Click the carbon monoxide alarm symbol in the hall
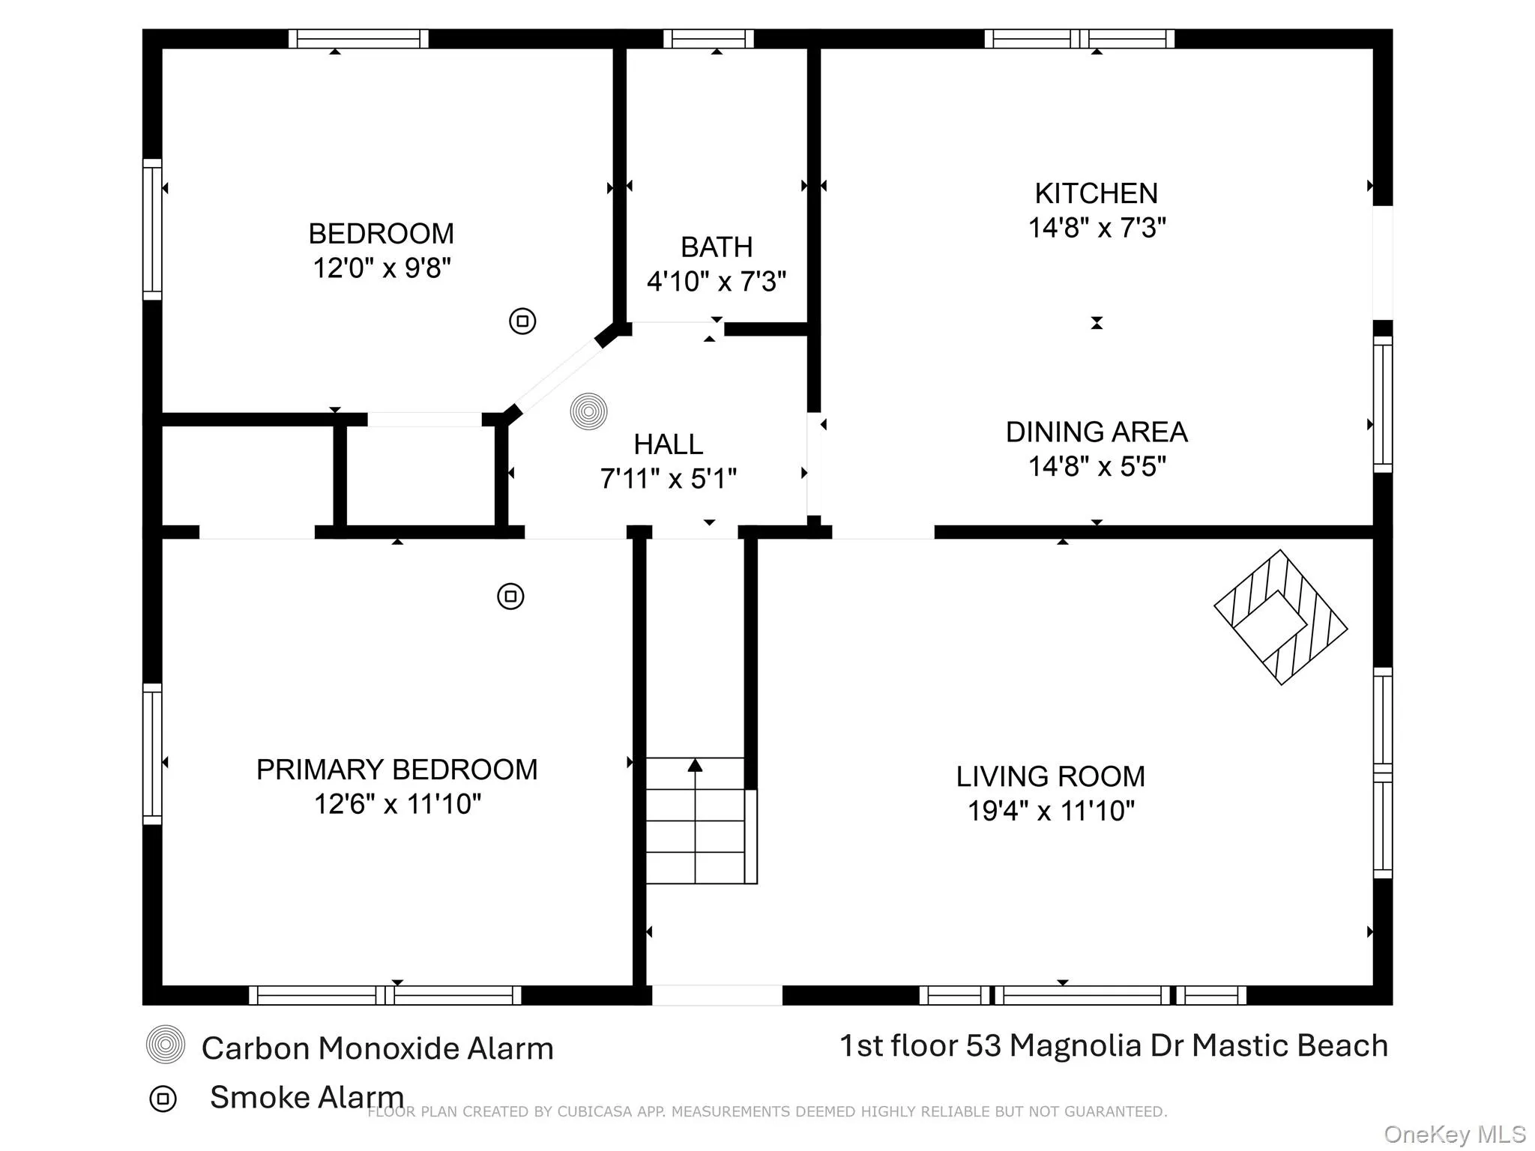pos(588,411)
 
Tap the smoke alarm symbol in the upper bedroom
pos(522,321)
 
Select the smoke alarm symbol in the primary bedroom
pos(510,596)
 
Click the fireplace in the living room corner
pos(1280,617)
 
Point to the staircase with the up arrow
pos(696,821)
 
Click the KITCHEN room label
pos(1096,194)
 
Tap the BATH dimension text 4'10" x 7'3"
pos(717,283)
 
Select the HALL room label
pos(668,445)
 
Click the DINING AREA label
pos(1096,432)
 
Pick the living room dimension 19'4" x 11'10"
pos(1051,812)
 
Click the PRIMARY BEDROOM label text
pos(396,770)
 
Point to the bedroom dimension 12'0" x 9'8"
pos(382,268)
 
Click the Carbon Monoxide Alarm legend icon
pos(166,1045)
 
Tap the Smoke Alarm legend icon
pos(163,1099)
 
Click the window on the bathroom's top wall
pos(708,39)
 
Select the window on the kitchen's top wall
pos(1079,39)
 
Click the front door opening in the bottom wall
pos(717,995)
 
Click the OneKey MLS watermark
pos(1454,1135)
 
